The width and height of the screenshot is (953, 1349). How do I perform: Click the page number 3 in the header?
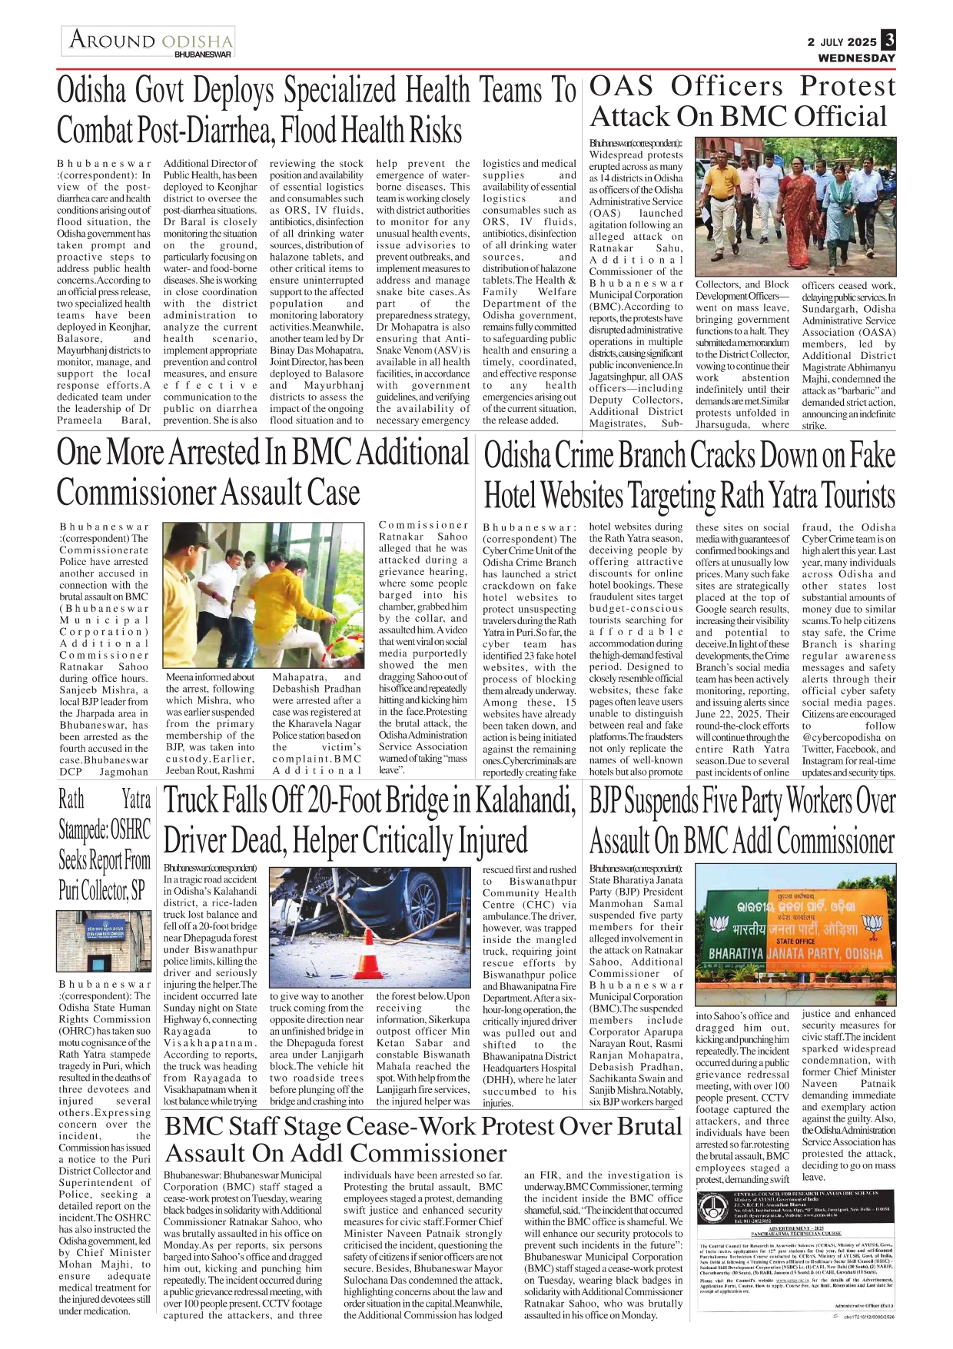[x=888, y=40]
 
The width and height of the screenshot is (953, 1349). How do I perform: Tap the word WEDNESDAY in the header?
[x=856, y=58]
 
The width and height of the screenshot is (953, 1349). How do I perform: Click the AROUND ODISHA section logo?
[x=150, y=40]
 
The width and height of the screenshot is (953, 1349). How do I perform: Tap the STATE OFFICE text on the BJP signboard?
[x=795, y=940]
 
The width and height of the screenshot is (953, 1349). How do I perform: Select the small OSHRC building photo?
[x=104, y=942]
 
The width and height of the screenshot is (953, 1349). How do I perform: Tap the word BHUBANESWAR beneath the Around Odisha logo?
[x=203, y=55]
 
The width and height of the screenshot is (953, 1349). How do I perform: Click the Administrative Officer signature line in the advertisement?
[x=864, y=1306]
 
